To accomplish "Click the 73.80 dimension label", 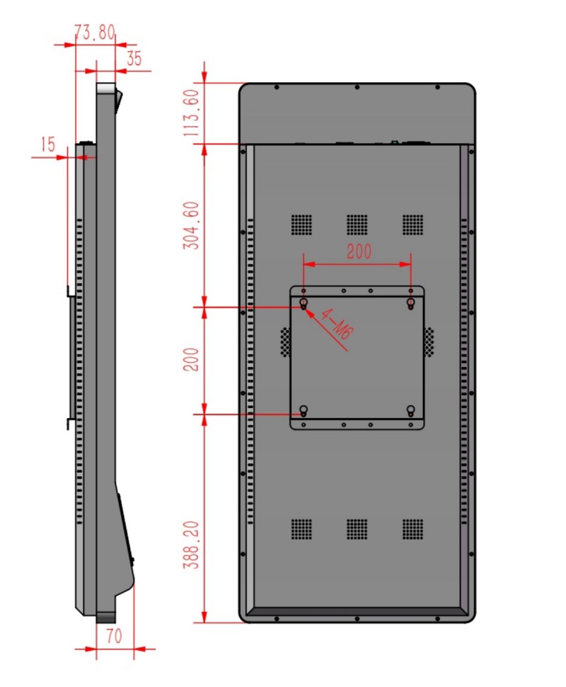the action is [95, 32].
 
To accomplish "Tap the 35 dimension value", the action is [134, 58].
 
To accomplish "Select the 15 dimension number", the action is [48, 144].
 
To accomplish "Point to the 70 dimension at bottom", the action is [114, 636].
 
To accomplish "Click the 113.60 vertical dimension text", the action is [191, 113].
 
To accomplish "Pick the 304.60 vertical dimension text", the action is [191, 226].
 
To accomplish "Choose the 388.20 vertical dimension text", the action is [191, 545].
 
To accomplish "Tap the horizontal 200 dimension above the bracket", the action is [359, 251].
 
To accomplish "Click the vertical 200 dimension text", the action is [191, 360].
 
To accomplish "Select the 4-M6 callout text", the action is [336, 324].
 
